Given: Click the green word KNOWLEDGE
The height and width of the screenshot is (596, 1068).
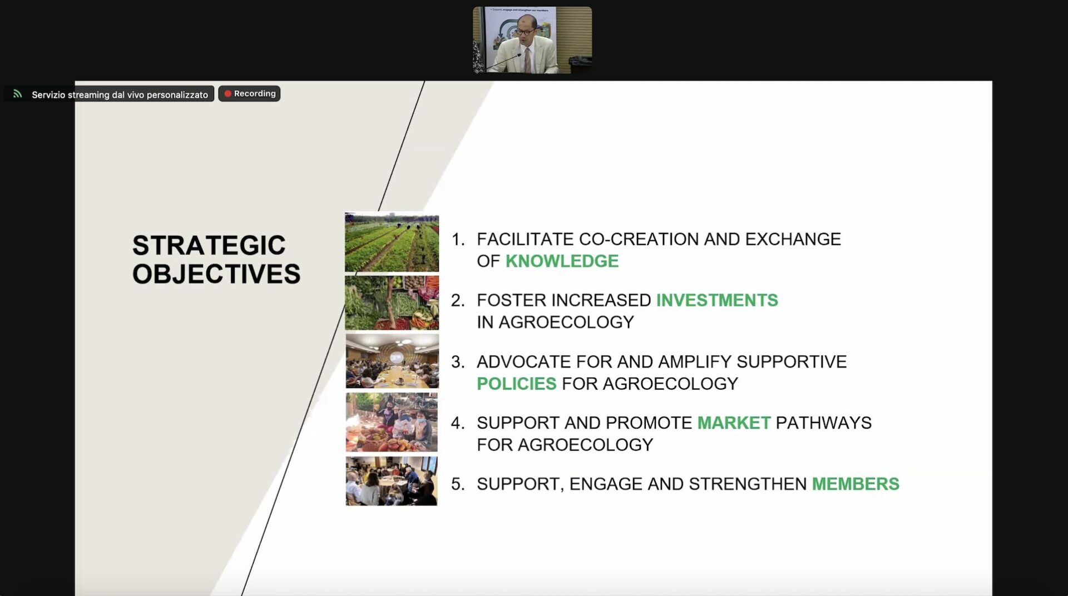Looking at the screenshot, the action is (562, 261).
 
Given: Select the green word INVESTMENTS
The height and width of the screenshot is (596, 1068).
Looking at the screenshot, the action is (717, 300).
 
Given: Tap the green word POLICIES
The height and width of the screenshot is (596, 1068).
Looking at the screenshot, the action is (516, 384).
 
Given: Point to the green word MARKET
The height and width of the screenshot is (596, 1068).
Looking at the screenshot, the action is (734, 423).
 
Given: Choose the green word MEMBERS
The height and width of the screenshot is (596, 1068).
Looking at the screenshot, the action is (856, 484).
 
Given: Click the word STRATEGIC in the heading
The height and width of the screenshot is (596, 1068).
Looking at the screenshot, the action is (209, 245).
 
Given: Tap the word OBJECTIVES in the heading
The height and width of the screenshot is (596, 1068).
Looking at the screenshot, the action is (216, 274).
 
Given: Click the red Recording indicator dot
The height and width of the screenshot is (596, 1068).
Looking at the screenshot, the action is (228, 93).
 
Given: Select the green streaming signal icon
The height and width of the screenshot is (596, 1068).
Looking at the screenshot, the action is (18, 94).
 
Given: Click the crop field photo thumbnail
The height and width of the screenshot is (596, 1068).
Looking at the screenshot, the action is (392, 242).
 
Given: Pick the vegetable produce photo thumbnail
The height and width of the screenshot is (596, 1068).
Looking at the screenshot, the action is (392, 303).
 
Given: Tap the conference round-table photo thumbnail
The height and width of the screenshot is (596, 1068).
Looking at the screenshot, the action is (392, 361).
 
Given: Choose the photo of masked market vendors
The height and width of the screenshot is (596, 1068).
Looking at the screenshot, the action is (392, 422).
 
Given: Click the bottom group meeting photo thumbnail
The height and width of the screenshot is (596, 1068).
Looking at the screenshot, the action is (392, 481).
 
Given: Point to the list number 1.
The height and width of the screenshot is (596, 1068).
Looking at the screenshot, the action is (457, 240).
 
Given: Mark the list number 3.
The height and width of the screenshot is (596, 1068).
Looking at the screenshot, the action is (457, 362).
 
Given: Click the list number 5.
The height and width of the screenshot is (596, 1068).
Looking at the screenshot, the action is (457, 484).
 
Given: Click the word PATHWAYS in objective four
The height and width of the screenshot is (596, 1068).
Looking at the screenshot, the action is (823, 423).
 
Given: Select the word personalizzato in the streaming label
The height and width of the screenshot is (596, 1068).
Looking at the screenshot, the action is (177, 95).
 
